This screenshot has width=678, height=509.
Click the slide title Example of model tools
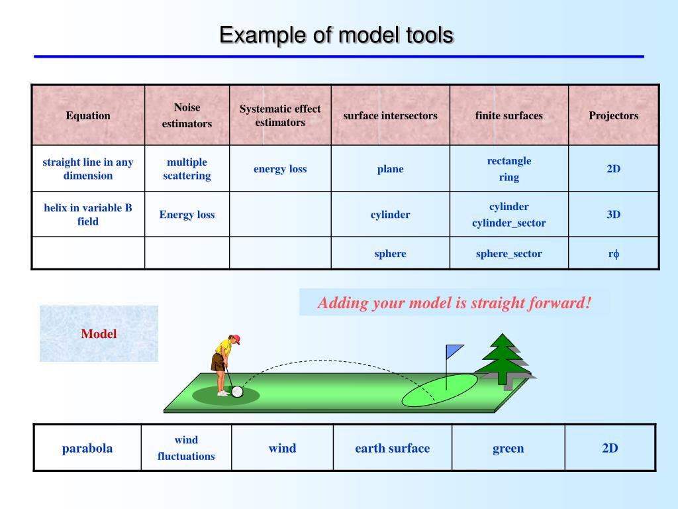tap(336, 35)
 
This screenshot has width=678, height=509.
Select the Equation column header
tap(88, 115)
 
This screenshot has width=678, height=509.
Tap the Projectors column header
tap(613, 115)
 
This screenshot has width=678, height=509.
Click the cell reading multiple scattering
tap(187, 169)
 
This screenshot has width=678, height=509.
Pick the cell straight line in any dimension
tap(88, 169)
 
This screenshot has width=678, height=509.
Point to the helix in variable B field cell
tap(88, 215)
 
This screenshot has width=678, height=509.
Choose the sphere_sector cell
tap(508, 254)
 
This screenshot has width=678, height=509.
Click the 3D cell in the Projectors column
tap(613, 215)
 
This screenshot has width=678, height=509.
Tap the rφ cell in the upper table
tap(613, 254)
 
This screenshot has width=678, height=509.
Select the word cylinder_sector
tap(508, 223)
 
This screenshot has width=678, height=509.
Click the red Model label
tap(99, 334)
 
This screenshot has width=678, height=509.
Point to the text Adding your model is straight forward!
tap(454, 303)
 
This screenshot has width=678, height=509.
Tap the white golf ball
tap(237, 392)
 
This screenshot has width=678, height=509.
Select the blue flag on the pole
tap(454, 351)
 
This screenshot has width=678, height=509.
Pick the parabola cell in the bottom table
tap(87, 448)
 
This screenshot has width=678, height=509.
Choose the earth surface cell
tap(392, 448)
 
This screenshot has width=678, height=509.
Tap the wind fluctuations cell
tap(186, 448)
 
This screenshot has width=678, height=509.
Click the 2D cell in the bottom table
tap(610, 448)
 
